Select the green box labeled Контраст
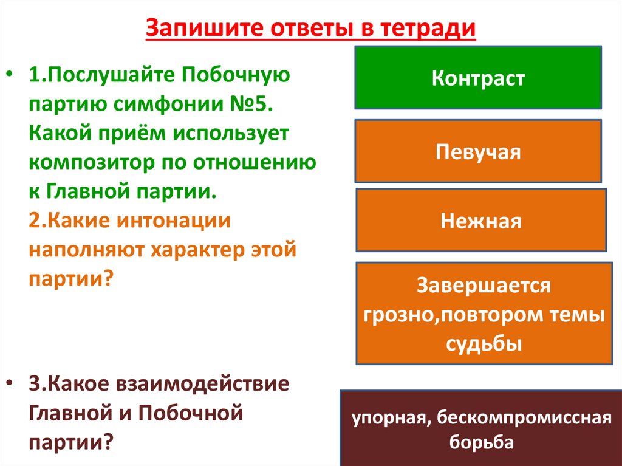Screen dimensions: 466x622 (478, 78)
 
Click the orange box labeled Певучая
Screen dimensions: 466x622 (478, 151)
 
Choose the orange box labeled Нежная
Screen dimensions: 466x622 (480, 221)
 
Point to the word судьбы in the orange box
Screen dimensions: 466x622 (484, 343)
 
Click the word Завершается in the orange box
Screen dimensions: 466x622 (484, 285)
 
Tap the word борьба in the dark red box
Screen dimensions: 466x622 (482, 442)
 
